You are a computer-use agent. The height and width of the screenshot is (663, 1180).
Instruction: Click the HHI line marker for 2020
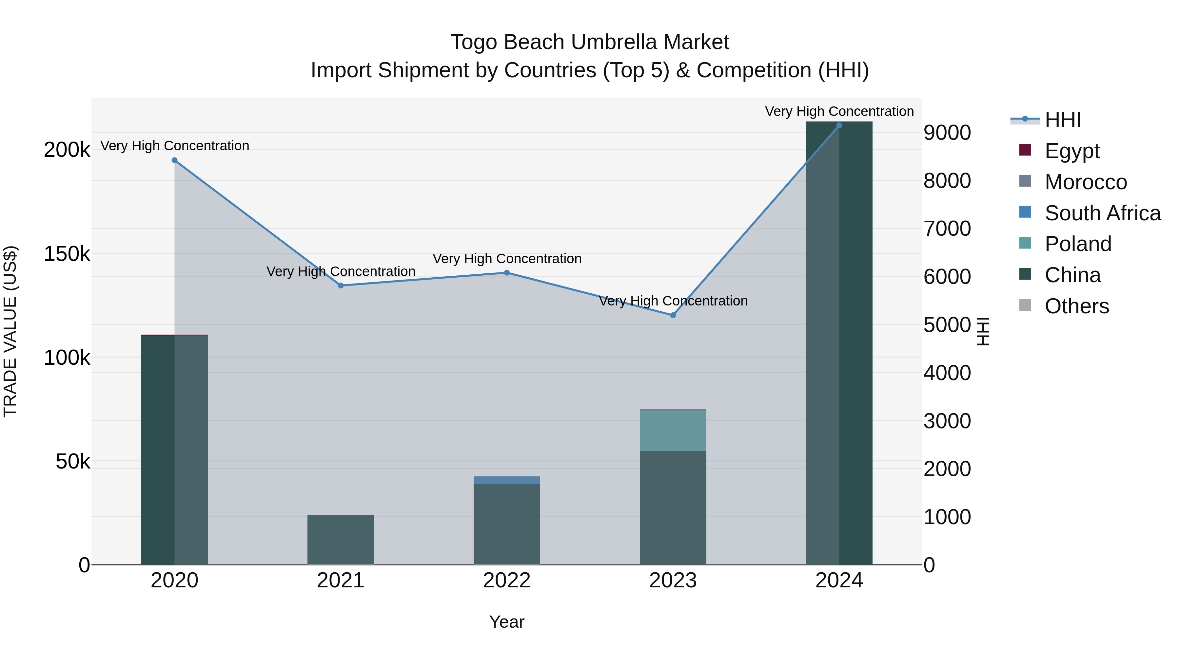(x=174, y=160)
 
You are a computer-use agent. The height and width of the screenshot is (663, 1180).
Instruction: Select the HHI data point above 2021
(x=340, y=285)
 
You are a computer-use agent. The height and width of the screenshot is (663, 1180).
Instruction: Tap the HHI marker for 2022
(x=507, y=273)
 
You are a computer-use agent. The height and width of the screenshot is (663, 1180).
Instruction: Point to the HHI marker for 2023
(x=673, y=315)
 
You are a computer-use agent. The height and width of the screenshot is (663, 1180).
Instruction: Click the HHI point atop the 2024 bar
(x=839, y=125)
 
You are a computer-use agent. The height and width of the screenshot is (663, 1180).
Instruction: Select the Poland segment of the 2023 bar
(x=673, y=431)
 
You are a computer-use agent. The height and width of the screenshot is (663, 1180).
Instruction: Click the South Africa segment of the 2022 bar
(x=507, y=480)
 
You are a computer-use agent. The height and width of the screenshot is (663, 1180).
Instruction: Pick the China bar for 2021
(x=340, y=540)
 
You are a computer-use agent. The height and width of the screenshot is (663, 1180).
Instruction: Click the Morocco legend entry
(x=1086, y=182)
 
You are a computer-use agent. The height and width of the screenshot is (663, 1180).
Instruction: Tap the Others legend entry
(x=1076, y=306)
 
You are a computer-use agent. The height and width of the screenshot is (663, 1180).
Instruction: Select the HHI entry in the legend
(x=1063, y=120)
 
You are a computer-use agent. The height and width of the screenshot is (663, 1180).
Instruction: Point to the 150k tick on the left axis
(x=67, y=253)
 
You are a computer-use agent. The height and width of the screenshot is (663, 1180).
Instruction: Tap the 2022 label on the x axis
(x=507, y=580)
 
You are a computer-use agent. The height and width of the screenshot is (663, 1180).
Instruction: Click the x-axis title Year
(x=507, y=622)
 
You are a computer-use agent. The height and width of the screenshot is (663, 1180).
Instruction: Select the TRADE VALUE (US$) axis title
(x=10, y=331)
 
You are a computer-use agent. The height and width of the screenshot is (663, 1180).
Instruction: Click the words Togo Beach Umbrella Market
(x=590, y=42)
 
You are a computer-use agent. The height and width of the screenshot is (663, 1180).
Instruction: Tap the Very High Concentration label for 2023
(x=673, y=301)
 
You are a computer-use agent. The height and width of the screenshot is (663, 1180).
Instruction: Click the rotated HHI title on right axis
(x=983, y=331)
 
